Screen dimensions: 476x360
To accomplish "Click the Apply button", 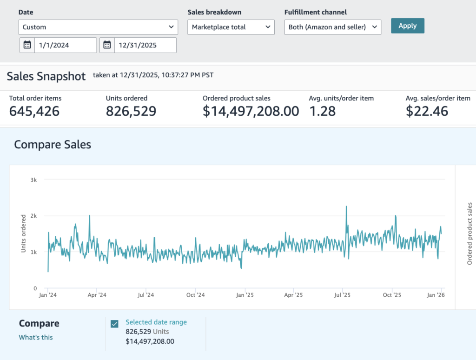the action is [407, 26].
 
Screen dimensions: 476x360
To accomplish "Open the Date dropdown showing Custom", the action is [98, 27].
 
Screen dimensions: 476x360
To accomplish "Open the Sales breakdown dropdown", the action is [231, 27].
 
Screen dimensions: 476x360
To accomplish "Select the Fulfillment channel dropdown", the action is [333, 27].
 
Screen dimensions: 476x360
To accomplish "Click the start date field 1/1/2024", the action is [66, 45].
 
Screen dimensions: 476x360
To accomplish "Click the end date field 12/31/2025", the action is [145, 45].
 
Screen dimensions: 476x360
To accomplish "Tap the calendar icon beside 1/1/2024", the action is [27, 45].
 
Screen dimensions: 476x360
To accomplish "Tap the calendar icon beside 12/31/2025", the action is [107, 45].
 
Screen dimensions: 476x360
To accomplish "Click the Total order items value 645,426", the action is [34, 111].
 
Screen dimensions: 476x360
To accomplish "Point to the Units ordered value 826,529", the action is [131, 111].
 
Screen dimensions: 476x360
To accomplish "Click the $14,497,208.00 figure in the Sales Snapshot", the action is [251, 111].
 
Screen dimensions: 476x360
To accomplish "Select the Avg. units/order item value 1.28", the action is [323, 111].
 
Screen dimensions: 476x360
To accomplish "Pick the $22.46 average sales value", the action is [427, 111].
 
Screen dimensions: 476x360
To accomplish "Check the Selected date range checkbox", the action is [114, 324].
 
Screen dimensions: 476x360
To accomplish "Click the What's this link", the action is [36, 337].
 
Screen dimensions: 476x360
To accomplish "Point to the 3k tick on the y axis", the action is [33, 180].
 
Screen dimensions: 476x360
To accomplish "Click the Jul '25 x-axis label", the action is [342, 295].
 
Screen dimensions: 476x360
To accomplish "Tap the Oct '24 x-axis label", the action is [196, 295].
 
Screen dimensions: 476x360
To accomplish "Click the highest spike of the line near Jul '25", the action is [346, 207].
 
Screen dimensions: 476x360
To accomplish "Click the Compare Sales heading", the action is [53, 145].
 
